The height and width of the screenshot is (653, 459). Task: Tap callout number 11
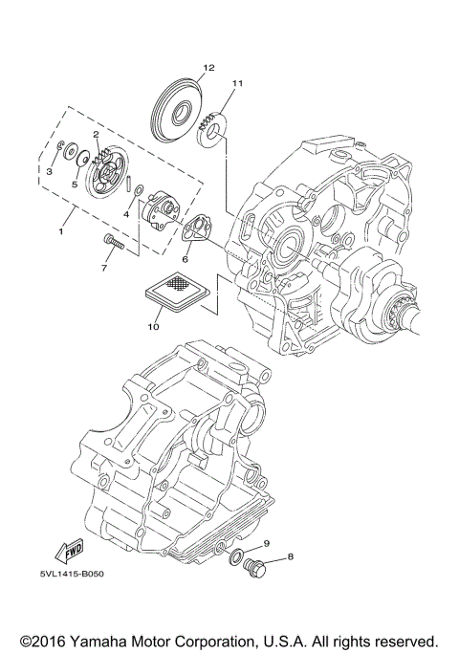[x=236, y=84]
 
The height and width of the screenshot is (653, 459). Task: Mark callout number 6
[x=186, y=258]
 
